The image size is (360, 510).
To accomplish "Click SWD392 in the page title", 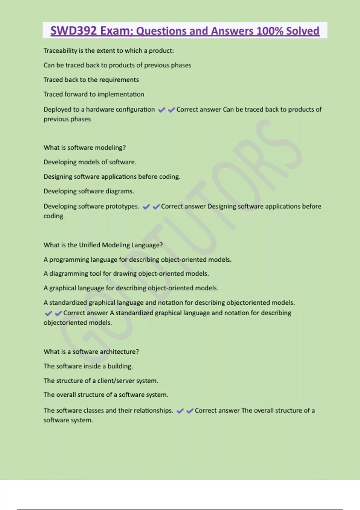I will coord(73,31).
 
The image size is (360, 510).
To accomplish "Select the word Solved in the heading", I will coord(303,31).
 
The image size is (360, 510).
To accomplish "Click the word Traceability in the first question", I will coord(60,51).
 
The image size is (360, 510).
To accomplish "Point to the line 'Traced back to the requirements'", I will coord(91,80).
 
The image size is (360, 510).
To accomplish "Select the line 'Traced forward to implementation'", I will coord(94,94).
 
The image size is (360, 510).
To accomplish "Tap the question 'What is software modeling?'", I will coord(85,148).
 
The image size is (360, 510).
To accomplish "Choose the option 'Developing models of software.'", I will coord(90,162).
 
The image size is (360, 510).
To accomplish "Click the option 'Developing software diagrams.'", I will coord(89,191).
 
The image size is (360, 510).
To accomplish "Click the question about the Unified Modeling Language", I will coord(103,245).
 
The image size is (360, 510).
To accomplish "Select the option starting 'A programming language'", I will coord(137,259).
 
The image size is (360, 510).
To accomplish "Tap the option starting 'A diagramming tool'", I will coord(126,274).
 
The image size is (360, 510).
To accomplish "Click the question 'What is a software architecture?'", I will coord(91,352).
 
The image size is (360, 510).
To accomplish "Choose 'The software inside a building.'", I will coord(88,366).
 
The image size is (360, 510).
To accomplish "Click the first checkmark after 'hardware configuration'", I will coord(161,110).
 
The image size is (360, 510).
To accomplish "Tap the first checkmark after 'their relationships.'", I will coord(180,411).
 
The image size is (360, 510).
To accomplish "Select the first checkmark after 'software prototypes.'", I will coord(146,207).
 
